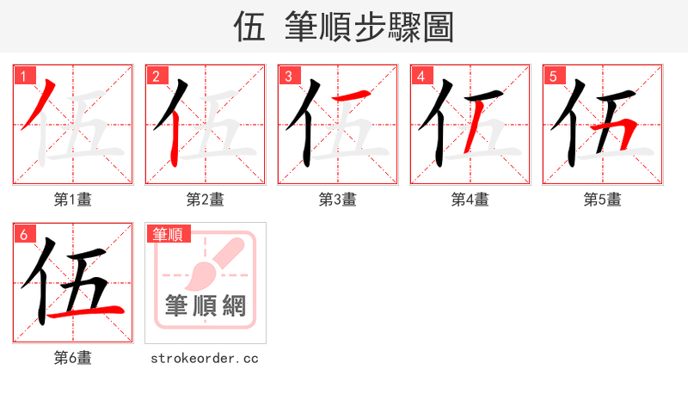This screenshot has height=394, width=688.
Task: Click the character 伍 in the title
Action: [249, 28]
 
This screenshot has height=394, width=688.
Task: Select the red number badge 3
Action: [289, 76]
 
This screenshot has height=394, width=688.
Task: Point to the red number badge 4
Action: [421, 76]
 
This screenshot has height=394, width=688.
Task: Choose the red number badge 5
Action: [554, 76]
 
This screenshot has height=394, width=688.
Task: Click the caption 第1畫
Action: [73, 200]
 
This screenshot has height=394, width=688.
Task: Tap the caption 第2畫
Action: [206, 200]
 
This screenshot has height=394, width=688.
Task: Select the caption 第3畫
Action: [338, 200]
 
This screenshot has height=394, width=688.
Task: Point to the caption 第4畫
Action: [470, 200]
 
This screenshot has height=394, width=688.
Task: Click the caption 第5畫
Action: [603, 200]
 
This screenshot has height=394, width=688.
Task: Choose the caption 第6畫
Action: [73, 358]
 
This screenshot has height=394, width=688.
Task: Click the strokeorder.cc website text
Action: [205, 358]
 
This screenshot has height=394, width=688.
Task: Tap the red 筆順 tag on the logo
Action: [169, 234]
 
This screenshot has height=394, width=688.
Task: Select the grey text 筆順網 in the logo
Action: [206, 306]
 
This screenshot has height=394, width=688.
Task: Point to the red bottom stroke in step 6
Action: [86, 311]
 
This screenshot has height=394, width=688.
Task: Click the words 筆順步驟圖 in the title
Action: [373, 28]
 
